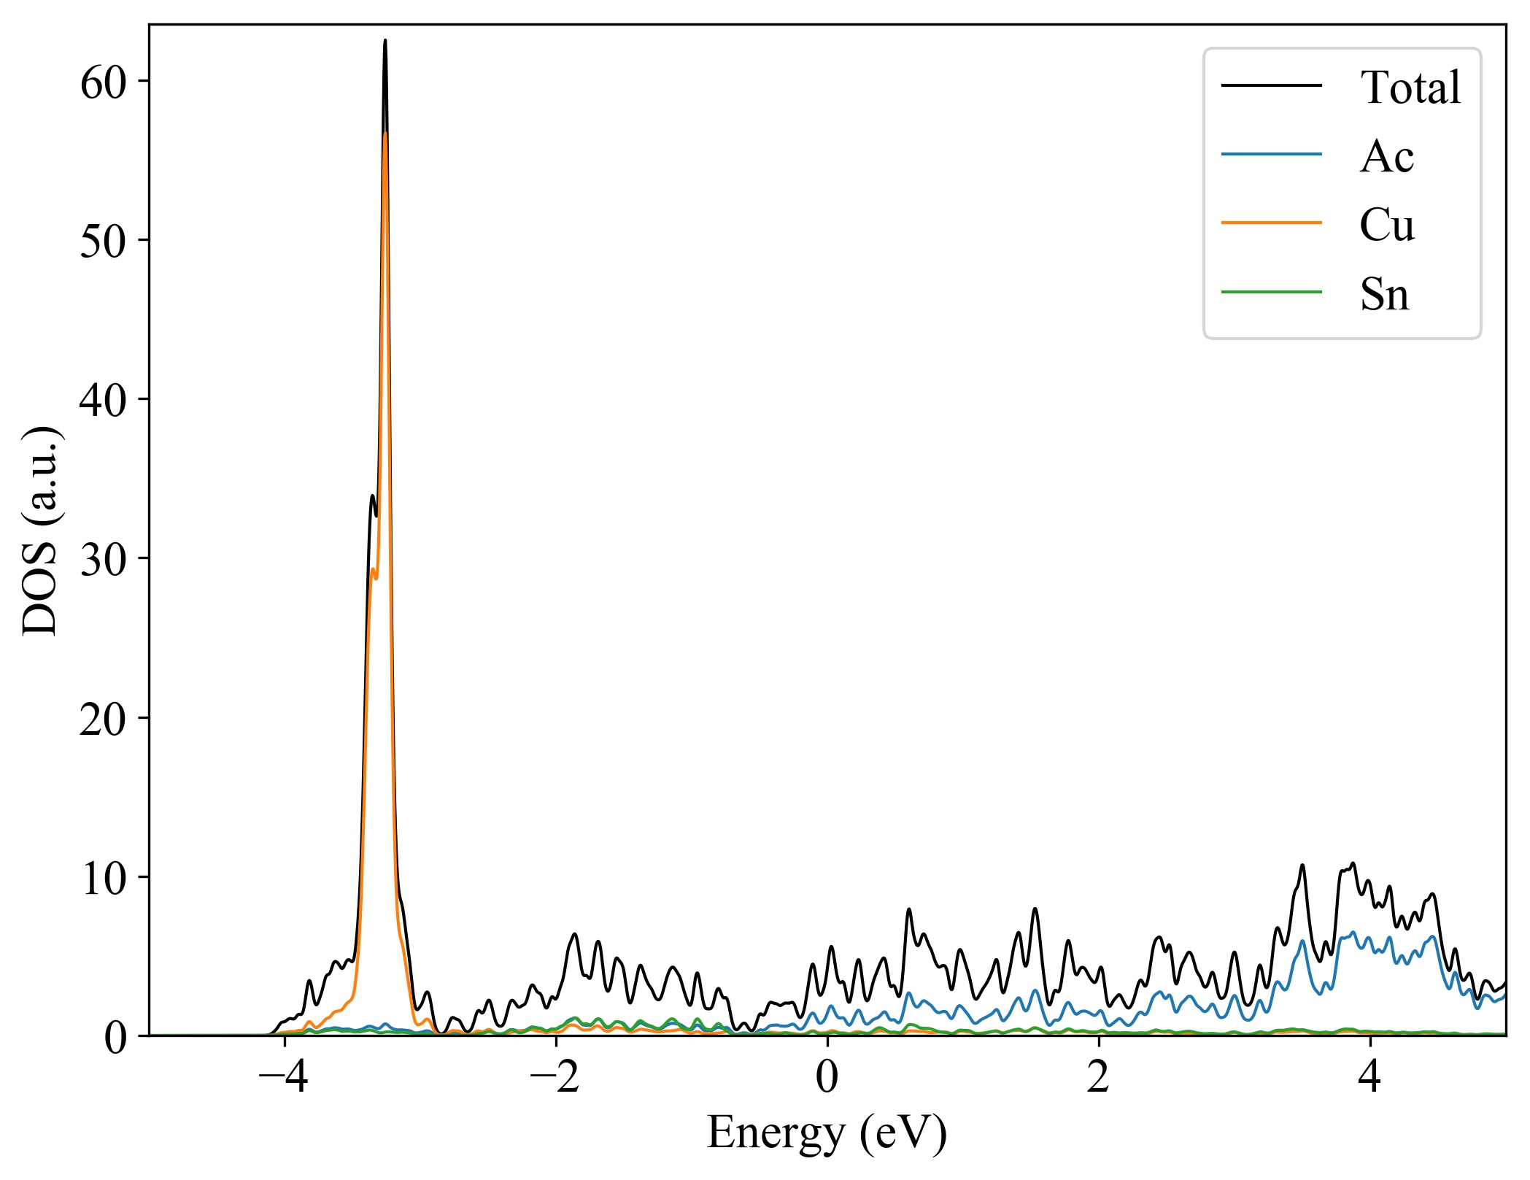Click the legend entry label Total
(1410, 88)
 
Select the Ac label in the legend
(1386, 156)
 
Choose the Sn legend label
(1384, 294)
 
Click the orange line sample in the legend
(1272, 222)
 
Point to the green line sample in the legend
(1272, 291)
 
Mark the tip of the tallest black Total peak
(385, 41)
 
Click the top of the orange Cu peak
(385, 133)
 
